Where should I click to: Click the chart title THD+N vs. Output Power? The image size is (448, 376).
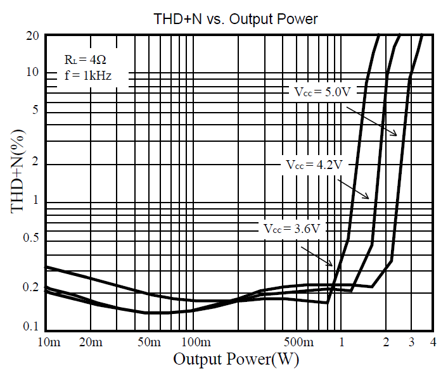[236, 20]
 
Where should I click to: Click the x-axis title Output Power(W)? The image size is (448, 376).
[236, 360]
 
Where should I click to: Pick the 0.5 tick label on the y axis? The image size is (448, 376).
[30, 238]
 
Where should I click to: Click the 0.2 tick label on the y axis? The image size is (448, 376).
[30, 288]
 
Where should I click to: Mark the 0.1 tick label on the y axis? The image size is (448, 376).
[30, 327]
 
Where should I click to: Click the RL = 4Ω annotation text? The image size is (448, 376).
[82, 60]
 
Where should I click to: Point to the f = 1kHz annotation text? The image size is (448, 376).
[87, 77]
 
